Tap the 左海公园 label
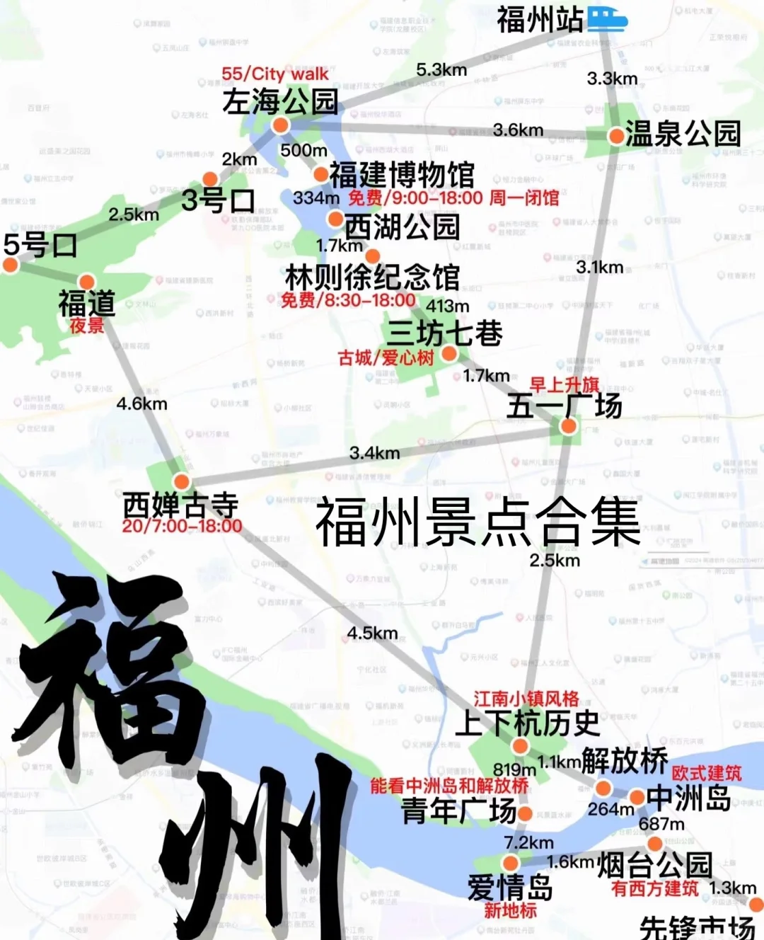pos(280,102)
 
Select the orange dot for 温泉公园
pos(616,134)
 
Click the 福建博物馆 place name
pos(402,174)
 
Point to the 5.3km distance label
pos(441,69)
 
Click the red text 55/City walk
pos(274,74)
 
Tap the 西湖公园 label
pos(402,227)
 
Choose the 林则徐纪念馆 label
pos(372,277)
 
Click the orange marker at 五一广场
pos(568,426)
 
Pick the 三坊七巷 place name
pos(444,333)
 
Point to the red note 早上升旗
pos(565,385)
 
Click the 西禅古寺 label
pos(181,505)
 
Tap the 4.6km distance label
pos(141,403)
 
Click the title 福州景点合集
pos(477,522)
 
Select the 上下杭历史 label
pos(528,723)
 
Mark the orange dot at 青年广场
pos(524,814)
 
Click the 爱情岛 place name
pos(509,887)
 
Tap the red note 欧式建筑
pos(706,773)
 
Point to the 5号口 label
pos(40,245)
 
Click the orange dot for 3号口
pos(210,179)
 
